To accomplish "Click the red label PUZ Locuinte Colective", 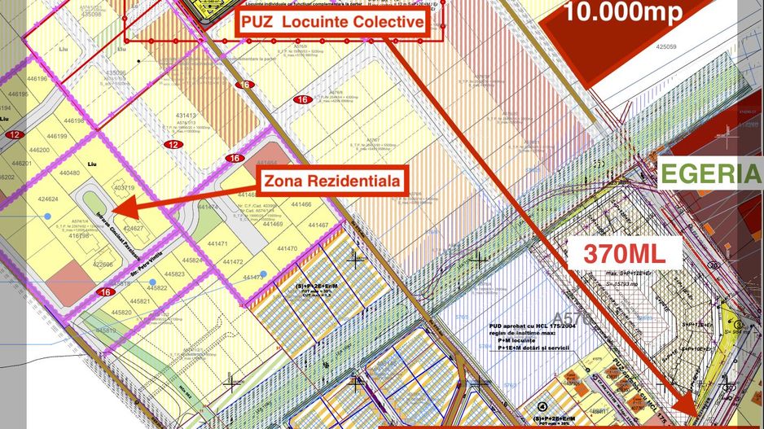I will (332, 22).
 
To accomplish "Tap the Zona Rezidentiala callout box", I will (331, 181).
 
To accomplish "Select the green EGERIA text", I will (710, 173).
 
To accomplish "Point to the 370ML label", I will (621, 252).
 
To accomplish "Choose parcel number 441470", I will (286, 248).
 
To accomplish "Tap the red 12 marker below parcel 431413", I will (173, 144).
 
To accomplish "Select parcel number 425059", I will (665, 47).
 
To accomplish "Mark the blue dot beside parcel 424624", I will (48, 215).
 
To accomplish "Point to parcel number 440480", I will (69, 173).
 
